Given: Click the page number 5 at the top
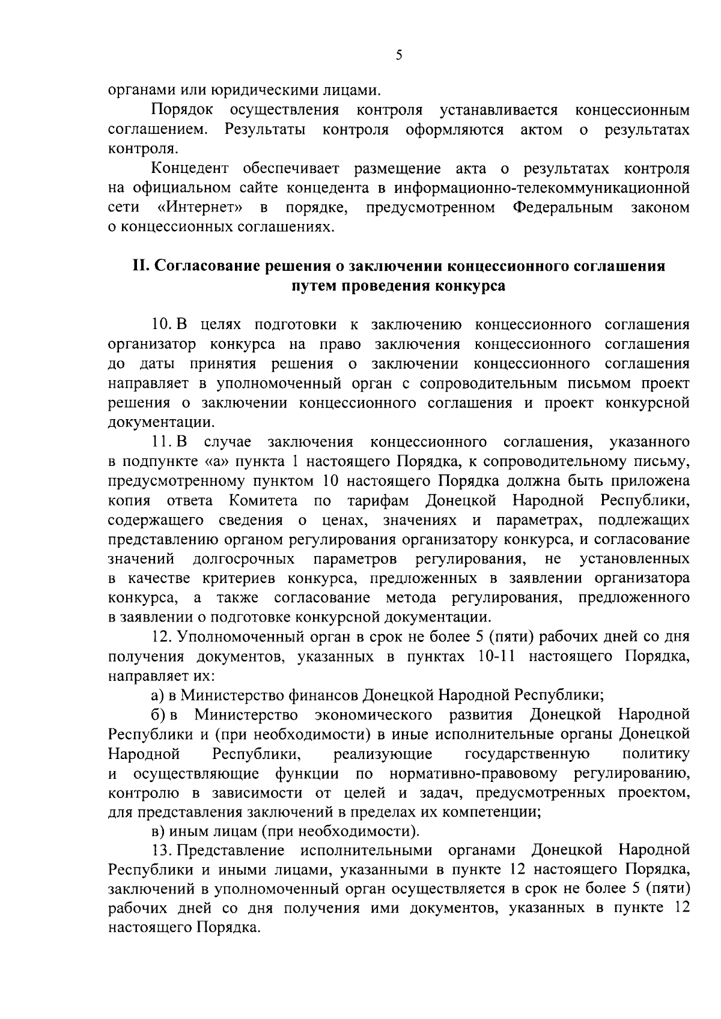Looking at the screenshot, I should (399, 55).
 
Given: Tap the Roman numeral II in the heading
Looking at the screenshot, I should (140, 266).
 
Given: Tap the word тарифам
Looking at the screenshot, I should (378, 500).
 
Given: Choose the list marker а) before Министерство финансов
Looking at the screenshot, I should (157, 695).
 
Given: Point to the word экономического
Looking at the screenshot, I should (373, 715).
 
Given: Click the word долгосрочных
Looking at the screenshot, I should (243, 559).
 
